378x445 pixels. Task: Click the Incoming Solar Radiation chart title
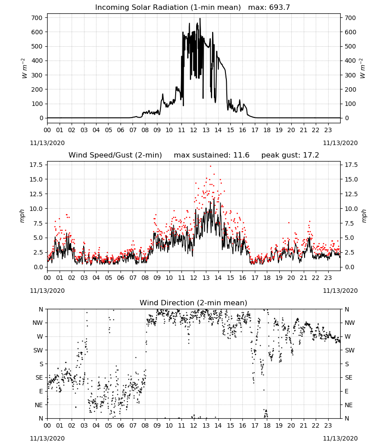tap(168, 7)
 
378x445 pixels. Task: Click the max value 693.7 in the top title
tap(280, 7)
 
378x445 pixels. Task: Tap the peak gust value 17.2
tap(311, 155)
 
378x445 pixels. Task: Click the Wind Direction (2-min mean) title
tap(193, 303)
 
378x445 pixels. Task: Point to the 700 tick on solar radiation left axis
tap(37, 18)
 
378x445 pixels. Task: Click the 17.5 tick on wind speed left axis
tap(36, 165)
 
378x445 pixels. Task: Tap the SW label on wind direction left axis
tap(38, 350)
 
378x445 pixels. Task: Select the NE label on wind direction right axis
tap(348, 405)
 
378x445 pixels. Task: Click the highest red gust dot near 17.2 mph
tap(210, 166)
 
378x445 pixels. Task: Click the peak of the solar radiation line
tap(200, 18)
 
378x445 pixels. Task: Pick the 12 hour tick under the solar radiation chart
tap(193, 130)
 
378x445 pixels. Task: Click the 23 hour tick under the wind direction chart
tap(328, 425)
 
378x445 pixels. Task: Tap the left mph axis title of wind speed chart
tap(22, 216)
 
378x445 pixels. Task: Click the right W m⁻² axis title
tap(363, 68)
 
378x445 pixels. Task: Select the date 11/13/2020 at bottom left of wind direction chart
tap(47, 438)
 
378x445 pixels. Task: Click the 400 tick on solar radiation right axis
tap(350, 61)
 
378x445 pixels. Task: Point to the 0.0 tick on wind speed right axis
tap(349, 267)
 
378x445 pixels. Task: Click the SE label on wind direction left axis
tap(39, 377)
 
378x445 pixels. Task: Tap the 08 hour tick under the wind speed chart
tap(145, 278)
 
